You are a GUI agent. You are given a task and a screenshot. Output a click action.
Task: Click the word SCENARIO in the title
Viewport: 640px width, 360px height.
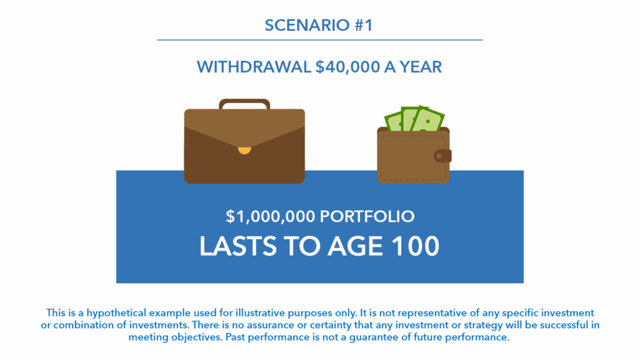(x=307, y=25)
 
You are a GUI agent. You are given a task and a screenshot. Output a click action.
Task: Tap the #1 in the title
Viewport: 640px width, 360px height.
(x=364, y=25)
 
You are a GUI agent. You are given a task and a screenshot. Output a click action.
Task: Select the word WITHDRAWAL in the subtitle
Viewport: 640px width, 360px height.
(x=254, y=67)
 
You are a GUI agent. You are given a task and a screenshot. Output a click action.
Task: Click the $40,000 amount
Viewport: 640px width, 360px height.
(x=347, y=67)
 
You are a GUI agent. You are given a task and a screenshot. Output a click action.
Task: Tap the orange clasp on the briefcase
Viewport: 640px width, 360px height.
(x=244, y=150)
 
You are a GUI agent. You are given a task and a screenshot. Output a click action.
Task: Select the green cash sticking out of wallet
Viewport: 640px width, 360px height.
(x=414, y=118)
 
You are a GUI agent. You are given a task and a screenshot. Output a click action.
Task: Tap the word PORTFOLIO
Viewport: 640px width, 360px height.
(x=367, y=216)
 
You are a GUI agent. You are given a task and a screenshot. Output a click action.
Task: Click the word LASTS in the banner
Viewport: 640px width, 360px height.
(x=238, y=246)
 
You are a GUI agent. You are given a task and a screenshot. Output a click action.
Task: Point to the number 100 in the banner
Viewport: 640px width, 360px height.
(x=415, y=246)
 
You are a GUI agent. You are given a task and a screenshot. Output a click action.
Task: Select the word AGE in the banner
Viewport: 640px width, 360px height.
(x=355, y=246)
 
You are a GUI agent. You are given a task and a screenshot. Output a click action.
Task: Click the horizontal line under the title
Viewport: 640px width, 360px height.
(x=320, y=40)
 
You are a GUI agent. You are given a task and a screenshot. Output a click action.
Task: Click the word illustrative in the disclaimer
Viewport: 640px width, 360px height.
(x=259, y=313)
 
